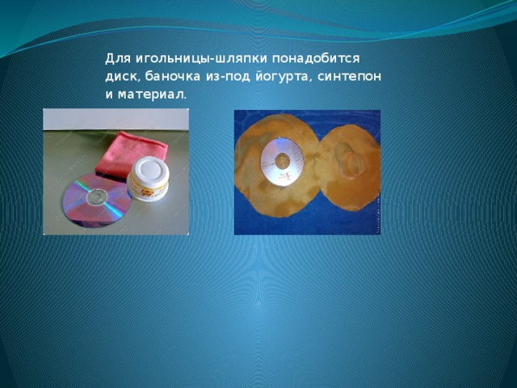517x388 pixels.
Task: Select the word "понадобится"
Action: tap(316, 59)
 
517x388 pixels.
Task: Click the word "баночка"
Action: tap(172, 77)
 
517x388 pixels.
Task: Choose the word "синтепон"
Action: tap(349, 77)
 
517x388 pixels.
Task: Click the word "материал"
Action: tap(151, 95)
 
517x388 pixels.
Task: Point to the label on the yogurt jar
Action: tap(149, 191)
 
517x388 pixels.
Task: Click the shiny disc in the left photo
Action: tap(95, 200)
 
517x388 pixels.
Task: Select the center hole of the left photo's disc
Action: tap(96, 198)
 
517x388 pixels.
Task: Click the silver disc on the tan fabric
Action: tap(282, 162)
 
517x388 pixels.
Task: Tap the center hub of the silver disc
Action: tap(283, 162)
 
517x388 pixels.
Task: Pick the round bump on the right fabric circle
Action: tap(350, 161)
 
